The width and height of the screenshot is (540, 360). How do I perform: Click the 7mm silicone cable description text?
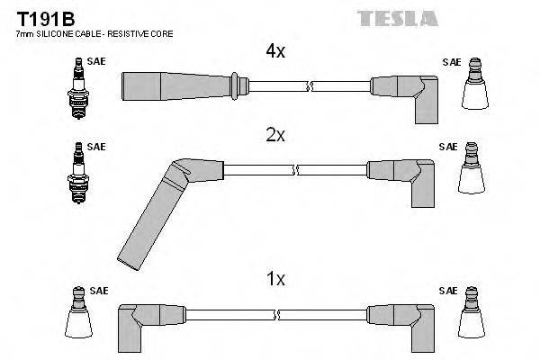(x=94, y=33)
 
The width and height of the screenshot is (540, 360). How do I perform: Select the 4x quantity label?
(x=275, y=52)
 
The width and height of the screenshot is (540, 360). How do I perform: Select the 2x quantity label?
(x=275, y=135)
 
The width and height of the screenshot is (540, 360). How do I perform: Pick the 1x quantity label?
(x=275, y=280)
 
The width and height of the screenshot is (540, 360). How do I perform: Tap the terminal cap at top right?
(x=473, y=88)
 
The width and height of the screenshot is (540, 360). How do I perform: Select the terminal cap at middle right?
(x=473, y=174)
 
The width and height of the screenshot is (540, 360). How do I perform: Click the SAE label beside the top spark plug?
(x=94, y=62)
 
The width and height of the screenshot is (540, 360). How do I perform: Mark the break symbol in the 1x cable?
(x=276, y=314)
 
